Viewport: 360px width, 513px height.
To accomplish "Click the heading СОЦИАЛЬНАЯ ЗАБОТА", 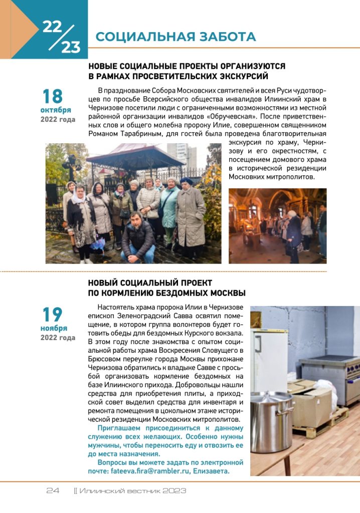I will [175, 37].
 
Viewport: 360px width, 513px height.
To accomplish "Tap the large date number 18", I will [52, 96].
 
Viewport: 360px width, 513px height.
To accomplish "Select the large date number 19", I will [52, 315].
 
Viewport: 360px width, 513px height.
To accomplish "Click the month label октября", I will [56, 110].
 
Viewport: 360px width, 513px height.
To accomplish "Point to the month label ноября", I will [54, 328].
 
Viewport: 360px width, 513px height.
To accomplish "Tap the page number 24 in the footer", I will [53, 490].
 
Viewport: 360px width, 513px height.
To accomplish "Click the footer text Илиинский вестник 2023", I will [132, 490].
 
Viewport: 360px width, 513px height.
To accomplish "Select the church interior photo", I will [277, 225].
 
